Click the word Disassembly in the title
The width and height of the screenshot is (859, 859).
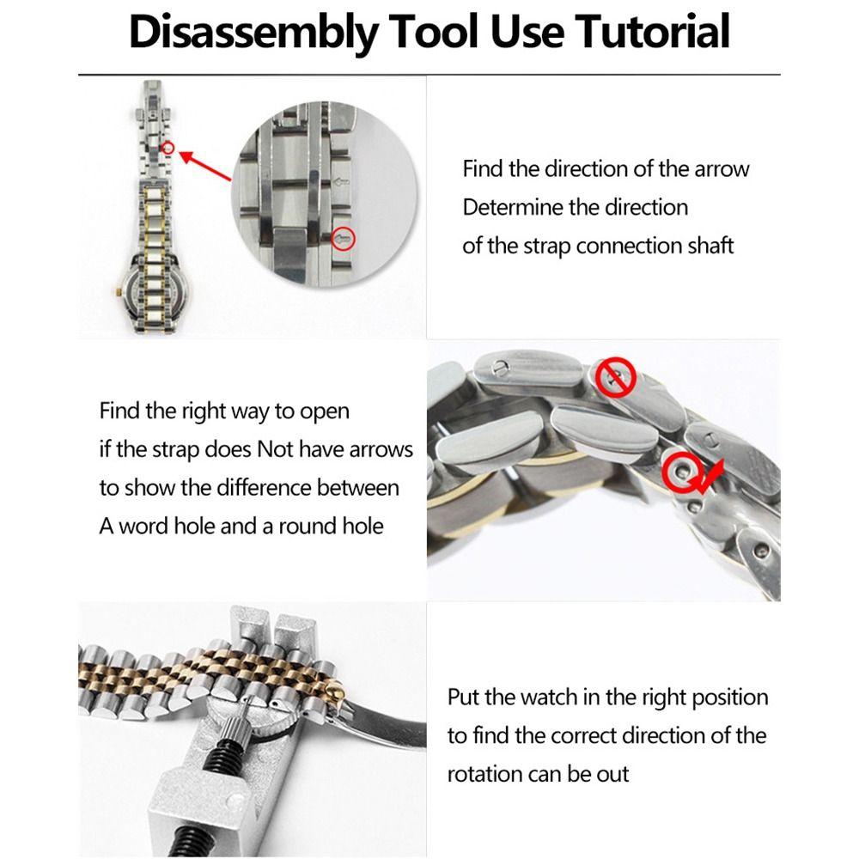click(253, 33)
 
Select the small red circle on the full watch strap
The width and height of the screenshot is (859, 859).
click(168, 149)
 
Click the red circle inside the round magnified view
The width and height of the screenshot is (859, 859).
click(344, 238)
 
